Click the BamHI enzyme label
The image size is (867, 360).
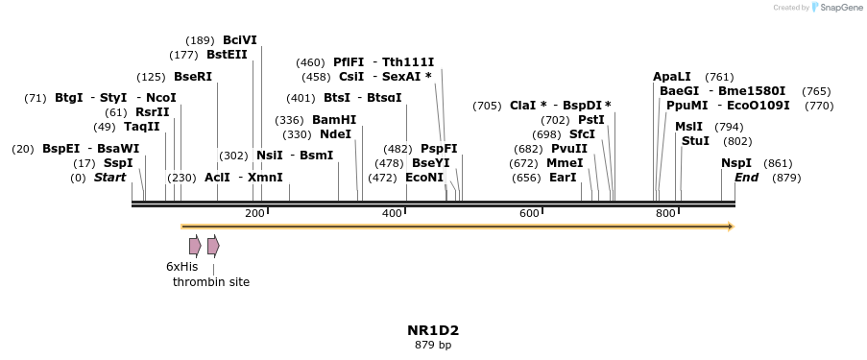pyautogui.click(x=334, y=120)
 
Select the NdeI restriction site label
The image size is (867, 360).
pyautogui.click(x=336, y=134)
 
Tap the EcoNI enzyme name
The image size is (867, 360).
pyautogui.click(x=424, y=178)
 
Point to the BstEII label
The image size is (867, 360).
pyautogui.click(x=227, y=55)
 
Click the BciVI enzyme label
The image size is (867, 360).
pyautogui.click(x=240, y=40)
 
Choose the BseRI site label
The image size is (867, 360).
pyautogui.click(x=193, y=77)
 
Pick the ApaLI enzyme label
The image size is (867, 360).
pyautogui.click(x=672, y=77)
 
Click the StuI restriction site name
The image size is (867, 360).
pyautogui.click(x=695, y=141)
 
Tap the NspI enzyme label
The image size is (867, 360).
pyautogui.click(x=736, y=163)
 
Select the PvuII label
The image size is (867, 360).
pyautogui.click(x=569, y=149)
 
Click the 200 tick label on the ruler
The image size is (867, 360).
pyautogui.click(x=254, y=213)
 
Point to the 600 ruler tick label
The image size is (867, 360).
pyautogui.click(x=529, y=213)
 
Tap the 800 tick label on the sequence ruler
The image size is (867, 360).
pyautogui.click(x=665, y=213)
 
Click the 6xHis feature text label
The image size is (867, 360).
pyautogui.click(x=181, y=266)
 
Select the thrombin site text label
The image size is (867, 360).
pyautogui.click(x=211, y=282)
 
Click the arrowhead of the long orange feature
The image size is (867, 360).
pyautogui.click(x=731, y=227)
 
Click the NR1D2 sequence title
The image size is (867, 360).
pyautogui.click(x=433, y=329)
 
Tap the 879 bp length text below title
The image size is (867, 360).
pyautogui.click(x=433, y=345)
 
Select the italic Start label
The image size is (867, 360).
pyautogui.click(x=109, y=178)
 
